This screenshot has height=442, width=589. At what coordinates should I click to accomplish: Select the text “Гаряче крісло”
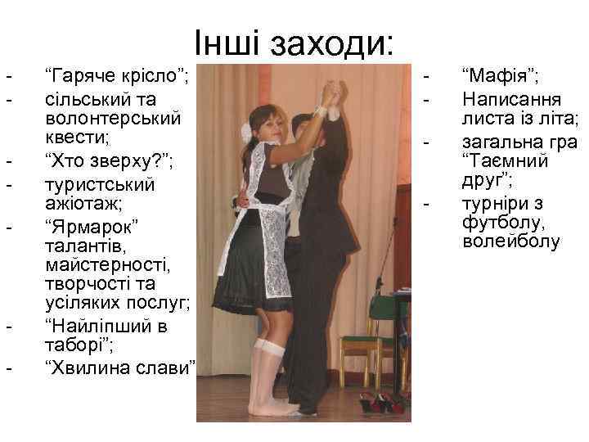coord(115,79)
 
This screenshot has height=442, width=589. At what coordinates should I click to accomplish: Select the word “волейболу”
coord(511,242)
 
